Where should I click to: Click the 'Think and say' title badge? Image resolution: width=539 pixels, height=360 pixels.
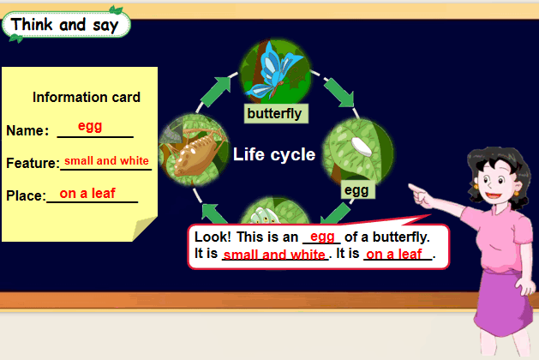66,25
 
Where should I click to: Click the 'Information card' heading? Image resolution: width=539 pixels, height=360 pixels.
87,98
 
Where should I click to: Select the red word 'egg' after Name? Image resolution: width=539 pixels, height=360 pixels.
90,126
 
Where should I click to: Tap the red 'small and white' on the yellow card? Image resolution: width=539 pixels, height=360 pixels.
106,160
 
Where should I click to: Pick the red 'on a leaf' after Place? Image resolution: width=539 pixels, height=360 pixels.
87,193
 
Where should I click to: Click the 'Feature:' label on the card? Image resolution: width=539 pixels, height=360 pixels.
33,163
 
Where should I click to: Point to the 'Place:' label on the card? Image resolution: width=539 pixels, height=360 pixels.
26,195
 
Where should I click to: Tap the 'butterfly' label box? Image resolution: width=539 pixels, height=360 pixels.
276,113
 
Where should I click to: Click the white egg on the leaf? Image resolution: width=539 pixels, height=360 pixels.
361,147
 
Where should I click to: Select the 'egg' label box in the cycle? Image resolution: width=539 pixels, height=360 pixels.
357,189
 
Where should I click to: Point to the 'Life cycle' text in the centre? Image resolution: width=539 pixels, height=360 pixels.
274,154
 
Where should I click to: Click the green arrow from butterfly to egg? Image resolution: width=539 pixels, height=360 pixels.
338,93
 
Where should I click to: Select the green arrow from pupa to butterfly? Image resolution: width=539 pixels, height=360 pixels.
215,92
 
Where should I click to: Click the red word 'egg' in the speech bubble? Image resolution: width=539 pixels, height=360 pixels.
322,237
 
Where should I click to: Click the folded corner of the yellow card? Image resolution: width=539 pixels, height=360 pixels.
144,229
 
